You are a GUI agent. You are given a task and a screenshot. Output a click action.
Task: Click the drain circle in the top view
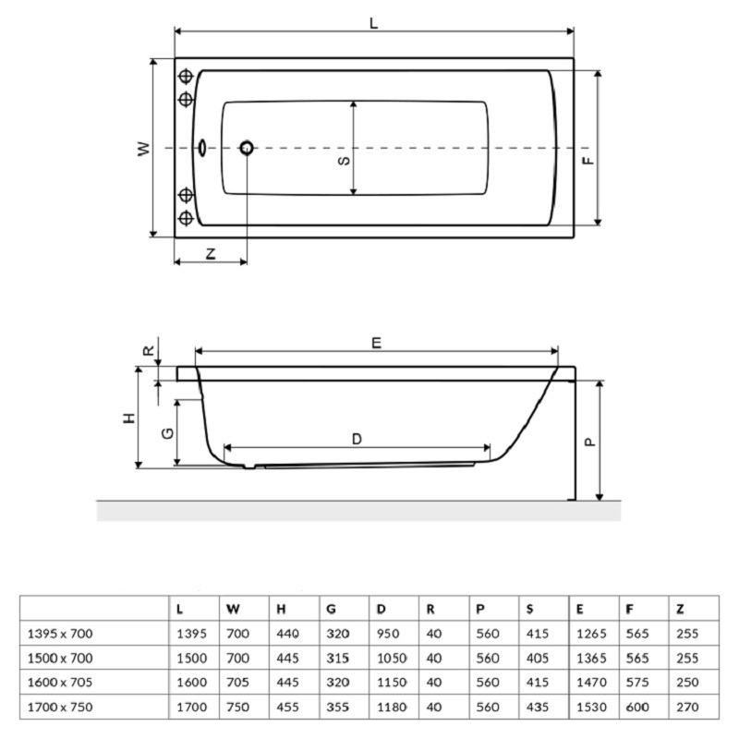click(247, 148)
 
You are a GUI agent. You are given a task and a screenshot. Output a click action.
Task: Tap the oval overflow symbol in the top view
click(202, 148)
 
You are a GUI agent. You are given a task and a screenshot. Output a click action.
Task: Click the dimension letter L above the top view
click(374, 23)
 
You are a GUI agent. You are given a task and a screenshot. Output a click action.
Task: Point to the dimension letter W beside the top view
click(144, 149)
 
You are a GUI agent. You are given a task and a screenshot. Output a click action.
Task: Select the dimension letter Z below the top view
click(211, 254)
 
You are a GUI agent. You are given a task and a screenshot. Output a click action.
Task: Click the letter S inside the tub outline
click(345, 161)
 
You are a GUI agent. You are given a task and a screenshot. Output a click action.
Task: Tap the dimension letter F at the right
click(588, 160)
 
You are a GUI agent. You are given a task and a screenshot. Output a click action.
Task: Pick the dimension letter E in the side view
click(376, 343)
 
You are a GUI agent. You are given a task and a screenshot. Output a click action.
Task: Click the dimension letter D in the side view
click(357, 440)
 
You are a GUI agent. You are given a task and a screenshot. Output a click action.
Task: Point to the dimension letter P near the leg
click(589, 442)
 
